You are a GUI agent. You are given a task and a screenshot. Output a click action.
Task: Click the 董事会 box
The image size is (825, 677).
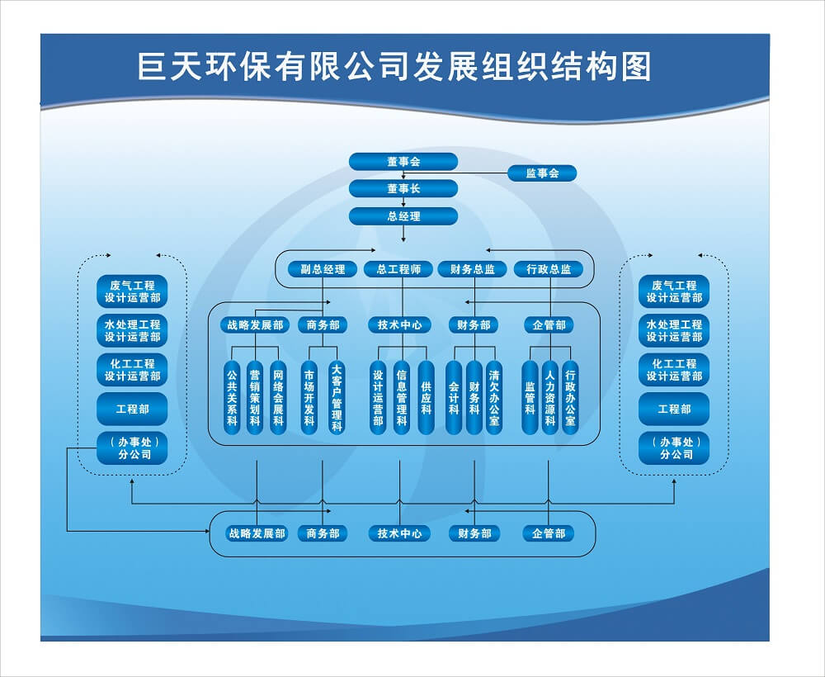(x=403, y=162)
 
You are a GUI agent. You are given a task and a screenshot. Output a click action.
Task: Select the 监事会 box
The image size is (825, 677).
(x=542, y=173)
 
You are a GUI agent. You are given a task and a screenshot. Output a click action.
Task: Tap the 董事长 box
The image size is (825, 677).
(x=403, y=188)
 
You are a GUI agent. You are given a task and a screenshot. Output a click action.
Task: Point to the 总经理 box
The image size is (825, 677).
(x=403, y=215)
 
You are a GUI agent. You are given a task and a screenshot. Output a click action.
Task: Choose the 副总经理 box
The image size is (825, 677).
(x=323, y=269)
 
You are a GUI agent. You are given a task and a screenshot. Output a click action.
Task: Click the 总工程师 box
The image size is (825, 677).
(x=398, y=269)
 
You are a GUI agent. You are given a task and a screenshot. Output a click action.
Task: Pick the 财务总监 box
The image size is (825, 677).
(x=473, y=269)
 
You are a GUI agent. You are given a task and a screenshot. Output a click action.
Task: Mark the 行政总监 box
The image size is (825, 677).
(x=549, y=269)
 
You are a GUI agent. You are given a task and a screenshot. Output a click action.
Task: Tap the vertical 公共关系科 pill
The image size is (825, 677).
(x=232, y=397)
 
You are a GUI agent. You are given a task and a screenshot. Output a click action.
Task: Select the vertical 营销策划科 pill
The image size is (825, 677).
(x=255, y=397)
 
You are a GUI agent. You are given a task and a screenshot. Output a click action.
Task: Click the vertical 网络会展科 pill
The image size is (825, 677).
(x=278, y=397)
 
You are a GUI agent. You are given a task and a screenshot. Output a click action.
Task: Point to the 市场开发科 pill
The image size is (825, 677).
(x=309, y=397)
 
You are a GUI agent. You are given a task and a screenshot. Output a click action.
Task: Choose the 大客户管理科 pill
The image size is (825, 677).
(x=337, y=397)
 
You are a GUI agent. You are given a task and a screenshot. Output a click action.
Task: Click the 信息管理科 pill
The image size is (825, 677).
(x=402, y=397)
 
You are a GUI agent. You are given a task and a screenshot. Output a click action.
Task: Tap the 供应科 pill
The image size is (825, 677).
(x=427, y=397)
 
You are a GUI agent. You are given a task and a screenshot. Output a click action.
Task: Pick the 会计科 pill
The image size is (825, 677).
(x=454, y=397)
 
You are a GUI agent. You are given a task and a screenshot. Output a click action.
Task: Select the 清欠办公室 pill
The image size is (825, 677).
(x=493, y=397)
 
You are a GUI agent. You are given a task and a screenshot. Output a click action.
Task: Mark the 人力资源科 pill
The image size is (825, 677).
(x=549, y=397)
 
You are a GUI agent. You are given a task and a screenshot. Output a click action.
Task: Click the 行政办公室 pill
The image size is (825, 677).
(x=570, y=397)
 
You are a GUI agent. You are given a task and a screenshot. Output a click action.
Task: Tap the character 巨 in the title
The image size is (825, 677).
(x=153, y=67)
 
